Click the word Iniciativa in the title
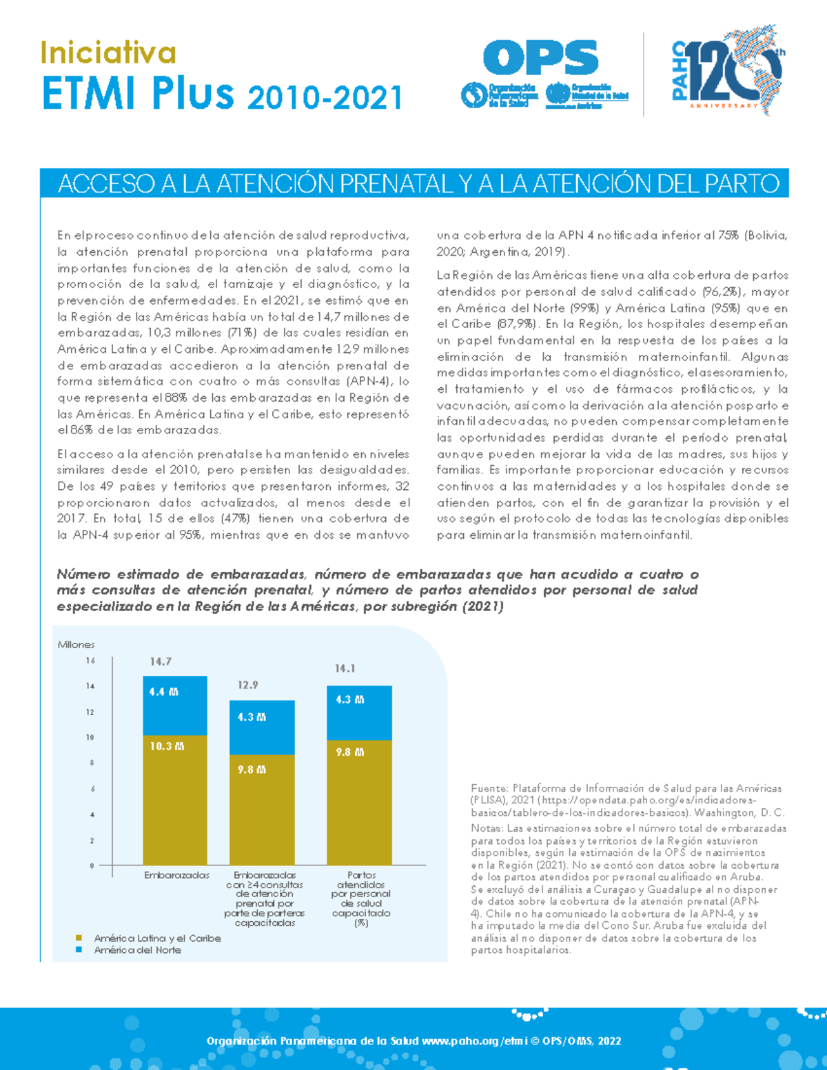108,53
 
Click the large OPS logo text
540,58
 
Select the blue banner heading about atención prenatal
418,184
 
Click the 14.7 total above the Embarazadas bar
161,661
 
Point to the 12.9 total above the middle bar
248,685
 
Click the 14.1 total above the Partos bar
345,668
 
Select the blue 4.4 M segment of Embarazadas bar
175,706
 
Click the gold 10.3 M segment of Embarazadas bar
175,799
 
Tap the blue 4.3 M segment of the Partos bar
359,713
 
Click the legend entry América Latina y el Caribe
157,938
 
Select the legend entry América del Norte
137,949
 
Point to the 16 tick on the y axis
90,661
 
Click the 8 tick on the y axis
91,763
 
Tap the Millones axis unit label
76,644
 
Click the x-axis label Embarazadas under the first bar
176,875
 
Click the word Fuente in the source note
489,788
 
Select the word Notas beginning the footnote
487,828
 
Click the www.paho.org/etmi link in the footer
471,1040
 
